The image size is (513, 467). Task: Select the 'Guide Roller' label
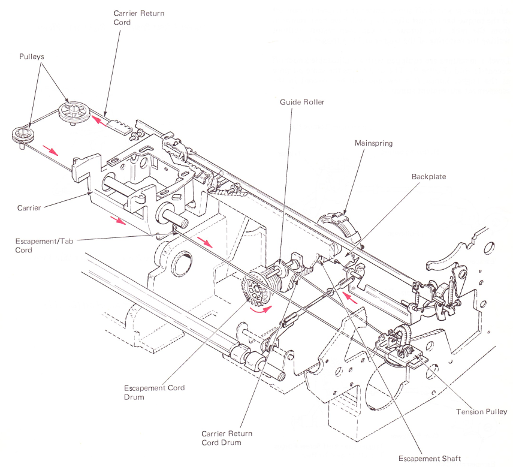[x=302, y=103]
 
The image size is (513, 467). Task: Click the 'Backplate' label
[x=429, y=177]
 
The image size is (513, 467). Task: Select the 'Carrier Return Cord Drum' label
[x=227, y=438]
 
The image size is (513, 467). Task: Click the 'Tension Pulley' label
[x=481, y=412]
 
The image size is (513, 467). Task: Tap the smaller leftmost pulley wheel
[x=22, y=134]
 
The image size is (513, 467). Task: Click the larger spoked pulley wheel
[x=74, y=112]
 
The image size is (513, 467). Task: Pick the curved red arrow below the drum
[x=260, y=310]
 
